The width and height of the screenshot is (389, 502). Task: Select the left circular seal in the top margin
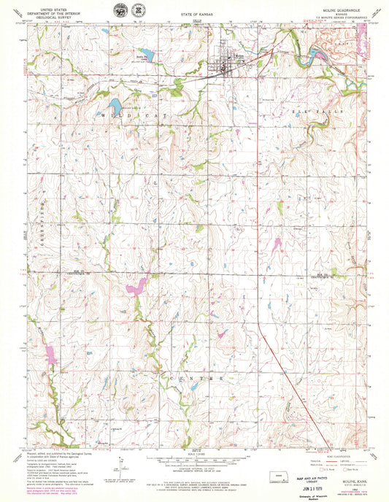[x=119, y=11]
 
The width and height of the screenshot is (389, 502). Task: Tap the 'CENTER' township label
[x=199, y=379]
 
